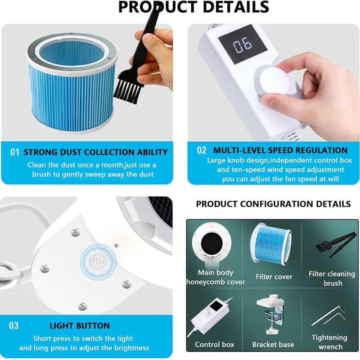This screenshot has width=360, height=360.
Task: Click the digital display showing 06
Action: [243, 44]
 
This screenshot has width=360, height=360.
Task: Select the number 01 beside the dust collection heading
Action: [15, 152]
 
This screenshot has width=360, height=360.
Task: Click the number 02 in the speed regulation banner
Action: [202, 150]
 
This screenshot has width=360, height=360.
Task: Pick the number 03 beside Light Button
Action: [13, 325]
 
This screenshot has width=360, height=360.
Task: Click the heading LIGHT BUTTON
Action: [80, 326]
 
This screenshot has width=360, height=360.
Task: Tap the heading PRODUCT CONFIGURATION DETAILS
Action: [273, 204]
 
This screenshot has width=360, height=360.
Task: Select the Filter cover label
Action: [274, 277]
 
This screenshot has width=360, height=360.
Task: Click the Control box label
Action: [215, 344]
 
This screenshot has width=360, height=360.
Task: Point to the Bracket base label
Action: [273, 344]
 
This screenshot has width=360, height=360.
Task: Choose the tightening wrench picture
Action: [328, 315]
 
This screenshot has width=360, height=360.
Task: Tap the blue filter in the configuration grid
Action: [271, 244]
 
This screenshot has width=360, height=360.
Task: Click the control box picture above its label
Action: [208, 315]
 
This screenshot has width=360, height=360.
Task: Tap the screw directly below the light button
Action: [82, 306]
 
